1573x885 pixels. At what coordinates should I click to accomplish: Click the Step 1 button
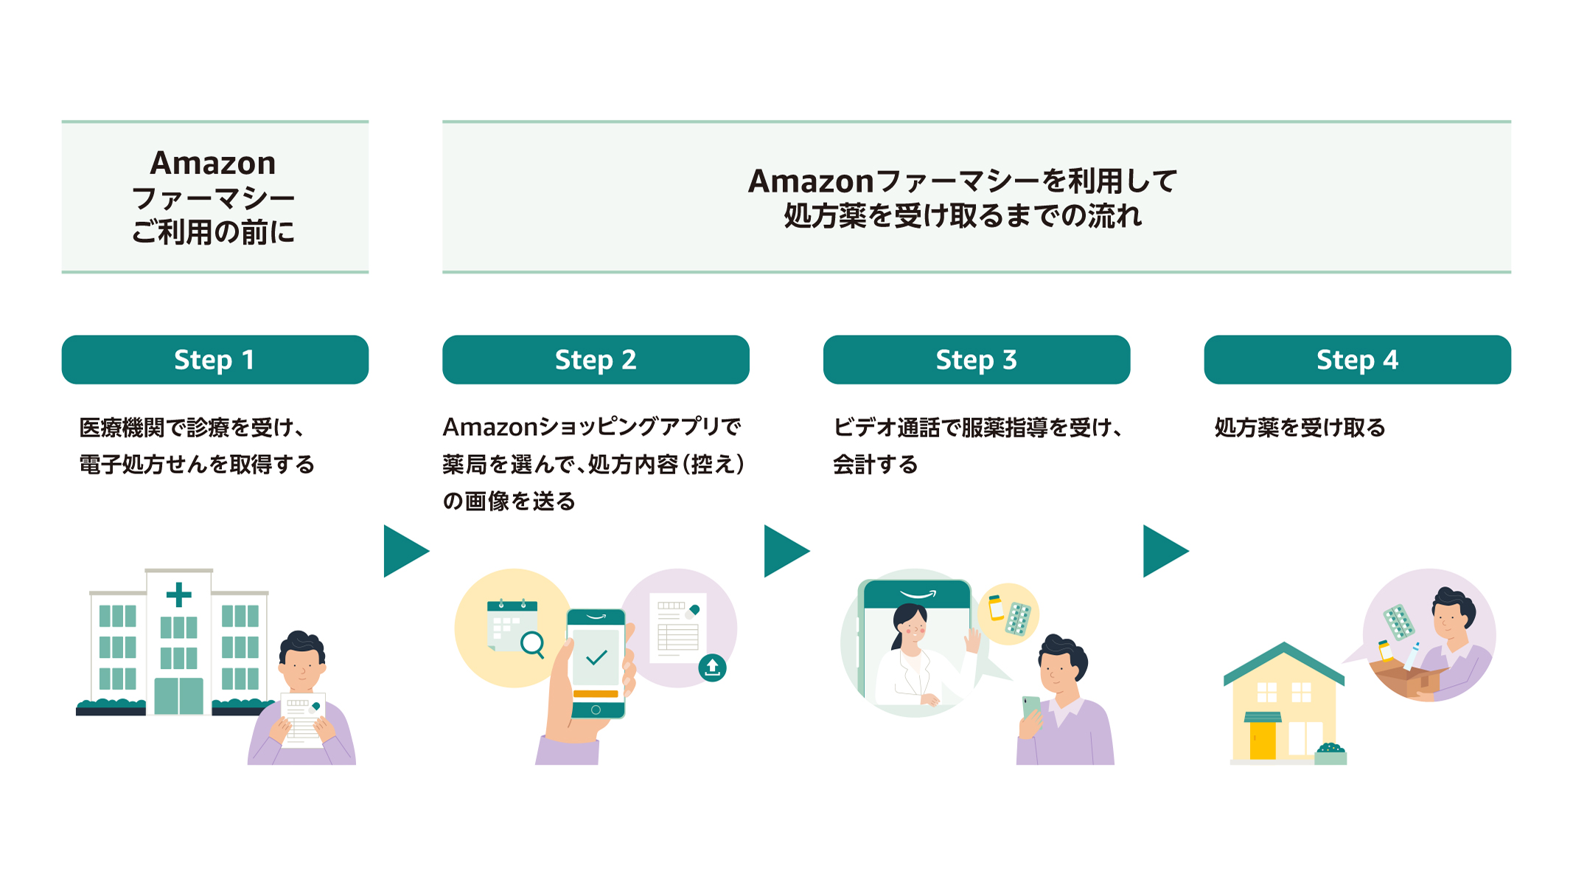pyautogui.click(x=214, y=360)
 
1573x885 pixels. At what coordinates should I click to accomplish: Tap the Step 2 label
pyautogui.click(x=596, y=360)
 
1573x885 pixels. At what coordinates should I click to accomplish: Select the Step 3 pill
pyautogui.click(x=976, y=360)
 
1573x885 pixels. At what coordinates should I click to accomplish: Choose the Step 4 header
pyautogui.click(x=1357, y=360)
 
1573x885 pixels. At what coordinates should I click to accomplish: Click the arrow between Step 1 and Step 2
pyautogui.click(x=404, y=551)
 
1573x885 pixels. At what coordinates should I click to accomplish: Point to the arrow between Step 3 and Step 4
pyautogui.click(x=1163, y=551)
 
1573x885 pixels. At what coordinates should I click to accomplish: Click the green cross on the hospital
pyautogui.click(x=179, y=594)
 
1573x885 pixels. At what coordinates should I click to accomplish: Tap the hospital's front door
pyautogui.click(x=179, y=695)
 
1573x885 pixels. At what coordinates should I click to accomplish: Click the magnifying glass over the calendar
pyautogui.click(x=532, y=644)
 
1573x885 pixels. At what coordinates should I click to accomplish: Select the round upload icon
pyautogui.click(x=712, y=667)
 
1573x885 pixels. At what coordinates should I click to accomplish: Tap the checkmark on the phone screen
pyautogui.click(x=596, y=656)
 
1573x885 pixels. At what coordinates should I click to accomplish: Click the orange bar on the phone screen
pyautogui.click(x=596, y=693)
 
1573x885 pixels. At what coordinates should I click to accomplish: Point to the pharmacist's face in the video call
pyautogui.click(x=913, y=627)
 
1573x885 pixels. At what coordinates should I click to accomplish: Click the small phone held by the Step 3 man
pyautogui.click(x=1030, y=707)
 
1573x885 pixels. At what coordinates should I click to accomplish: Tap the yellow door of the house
pyautogui.click(x=1263, y=740)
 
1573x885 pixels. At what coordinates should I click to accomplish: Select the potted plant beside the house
pyautogui.click(x=1331, y=754)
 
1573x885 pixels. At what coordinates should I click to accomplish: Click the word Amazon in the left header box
pyautogui.click(x=213, y=163)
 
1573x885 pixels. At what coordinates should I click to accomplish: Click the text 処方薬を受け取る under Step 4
pyautogui.click(x=1300, y=428)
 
